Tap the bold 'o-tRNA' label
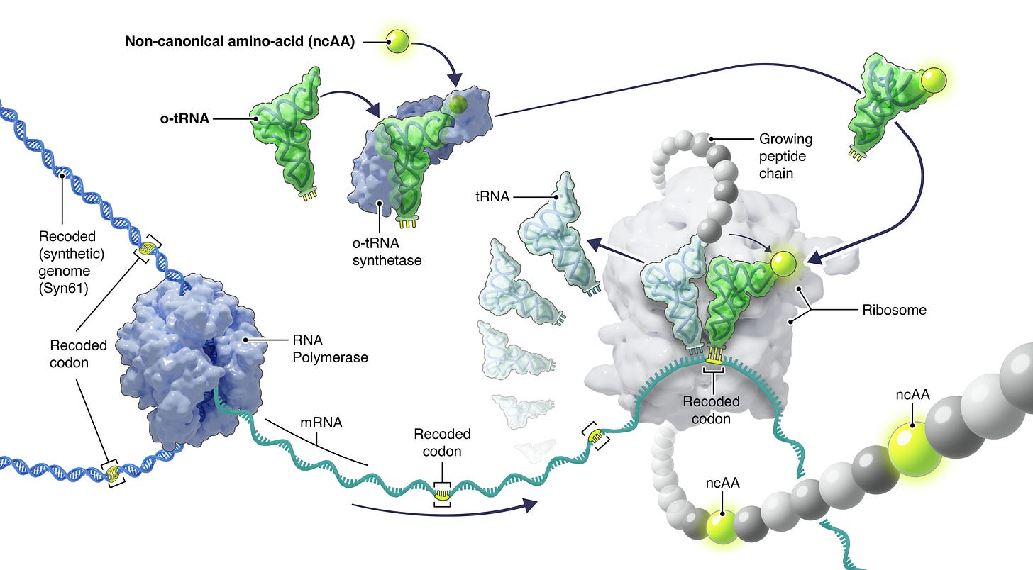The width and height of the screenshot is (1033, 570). [x=184, y=118]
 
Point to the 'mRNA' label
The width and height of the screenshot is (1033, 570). [x=319, y=423]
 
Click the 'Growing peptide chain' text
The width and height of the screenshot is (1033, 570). [x=785, y=156]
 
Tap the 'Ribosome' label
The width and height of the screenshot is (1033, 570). [x=894, y=310]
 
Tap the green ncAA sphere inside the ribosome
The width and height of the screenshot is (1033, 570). [x=782, y=264]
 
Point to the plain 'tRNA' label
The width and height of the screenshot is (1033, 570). [x=492, y=197]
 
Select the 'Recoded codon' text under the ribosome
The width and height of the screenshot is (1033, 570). [x=711, y=409]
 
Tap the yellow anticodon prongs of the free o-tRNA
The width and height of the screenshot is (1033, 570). [x=308, y=194]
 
